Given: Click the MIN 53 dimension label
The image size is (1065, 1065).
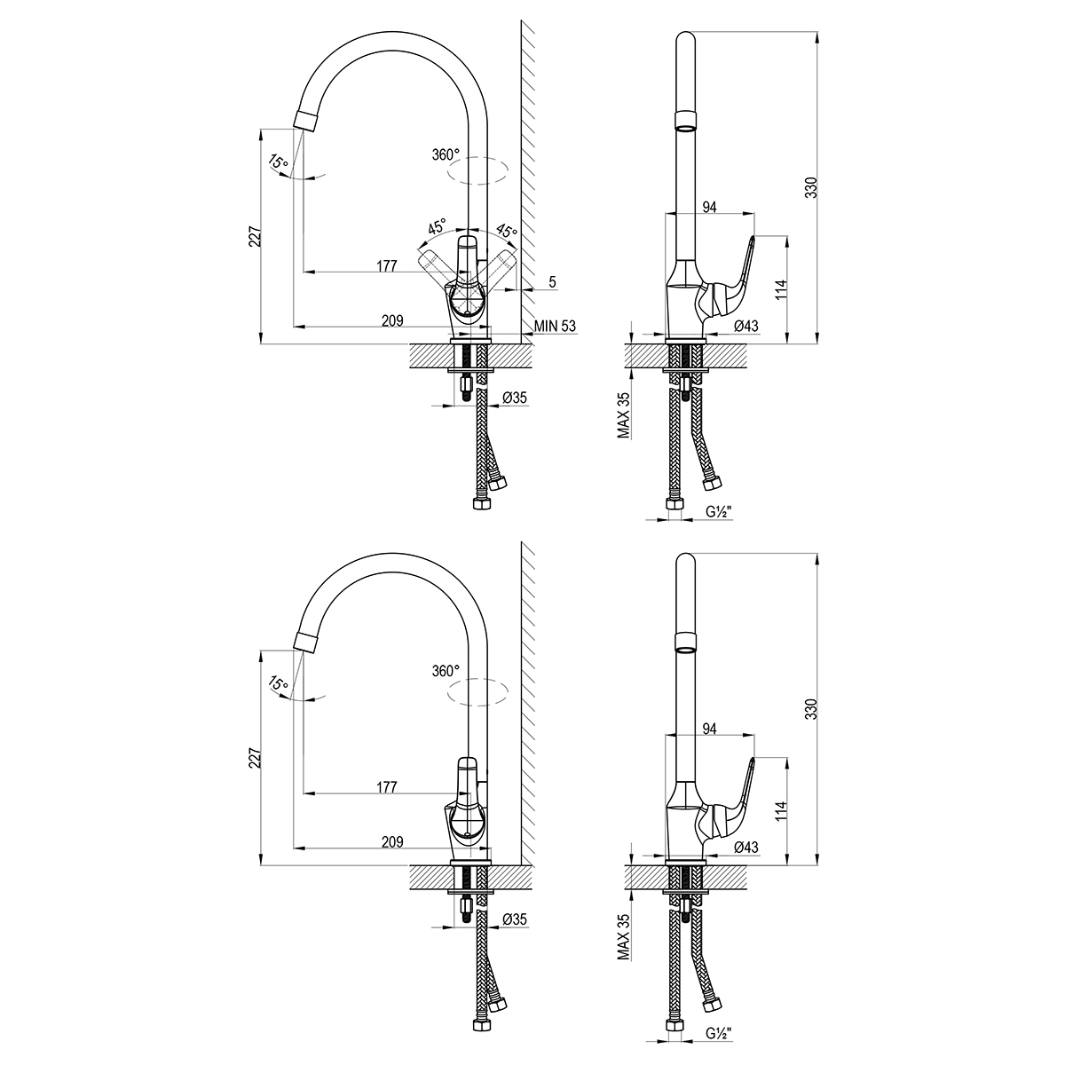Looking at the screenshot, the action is click(555, 326).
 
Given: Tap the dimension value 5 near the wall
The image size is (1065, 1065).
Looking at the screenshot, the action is click(553, 282).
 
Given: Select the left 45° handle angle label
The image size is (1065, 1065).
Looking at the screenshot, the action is click(437, 226).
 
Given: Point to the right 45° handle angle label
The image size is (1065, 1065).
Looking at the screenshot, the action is click(506, 231).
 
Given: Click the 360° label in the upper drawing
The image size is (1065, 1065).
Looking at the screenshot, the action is click(446, 154).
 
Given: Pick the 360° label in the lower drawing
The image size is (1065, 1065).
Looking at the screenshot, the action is click(446, 671).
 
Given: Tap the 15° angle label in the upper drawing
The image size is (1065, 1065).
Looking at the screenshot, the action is click(278, 162).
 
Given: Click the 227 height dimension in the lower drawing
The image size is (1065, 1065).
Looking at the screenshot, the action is click(255, 758).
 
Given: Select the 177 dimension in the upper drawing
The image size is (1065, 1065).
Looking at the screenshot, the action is click(387, 266).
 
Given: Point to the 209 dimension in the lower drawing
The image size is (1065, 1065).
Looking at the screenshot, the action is click(392, 841).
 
